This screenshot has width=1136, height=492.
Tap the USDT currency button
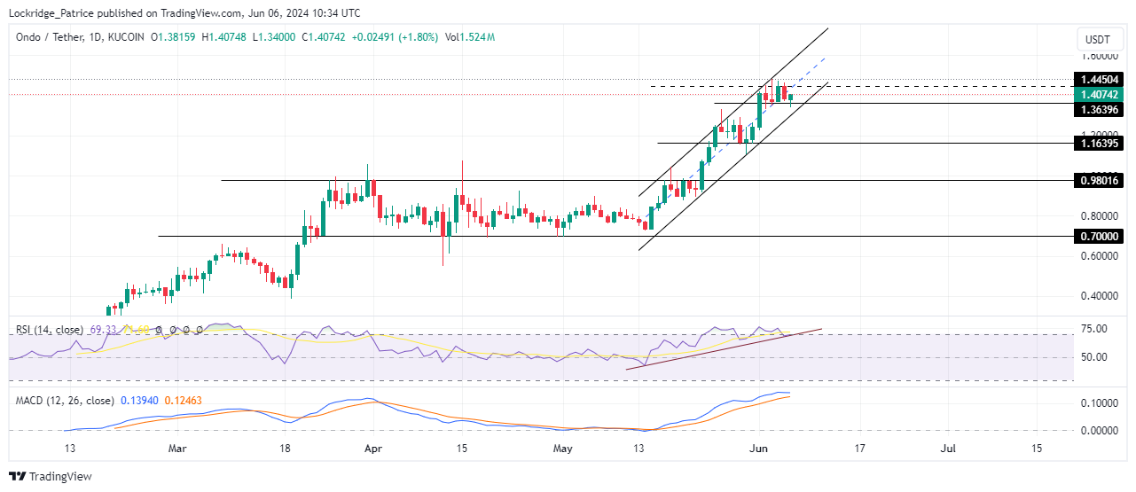[x=1098, y=40]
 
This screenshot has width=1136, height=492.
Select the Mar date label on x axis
[x=178, y=449]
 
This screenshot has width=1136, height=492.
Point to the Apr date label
[x=373, y=449]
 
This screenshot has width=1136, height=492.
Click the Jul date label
[x=948, y=449]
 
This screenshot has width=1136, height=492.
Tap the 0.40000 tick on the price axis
[x=1100, y=296]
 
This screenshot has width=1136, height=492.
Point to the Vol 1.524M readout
[x=470, y=37]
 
